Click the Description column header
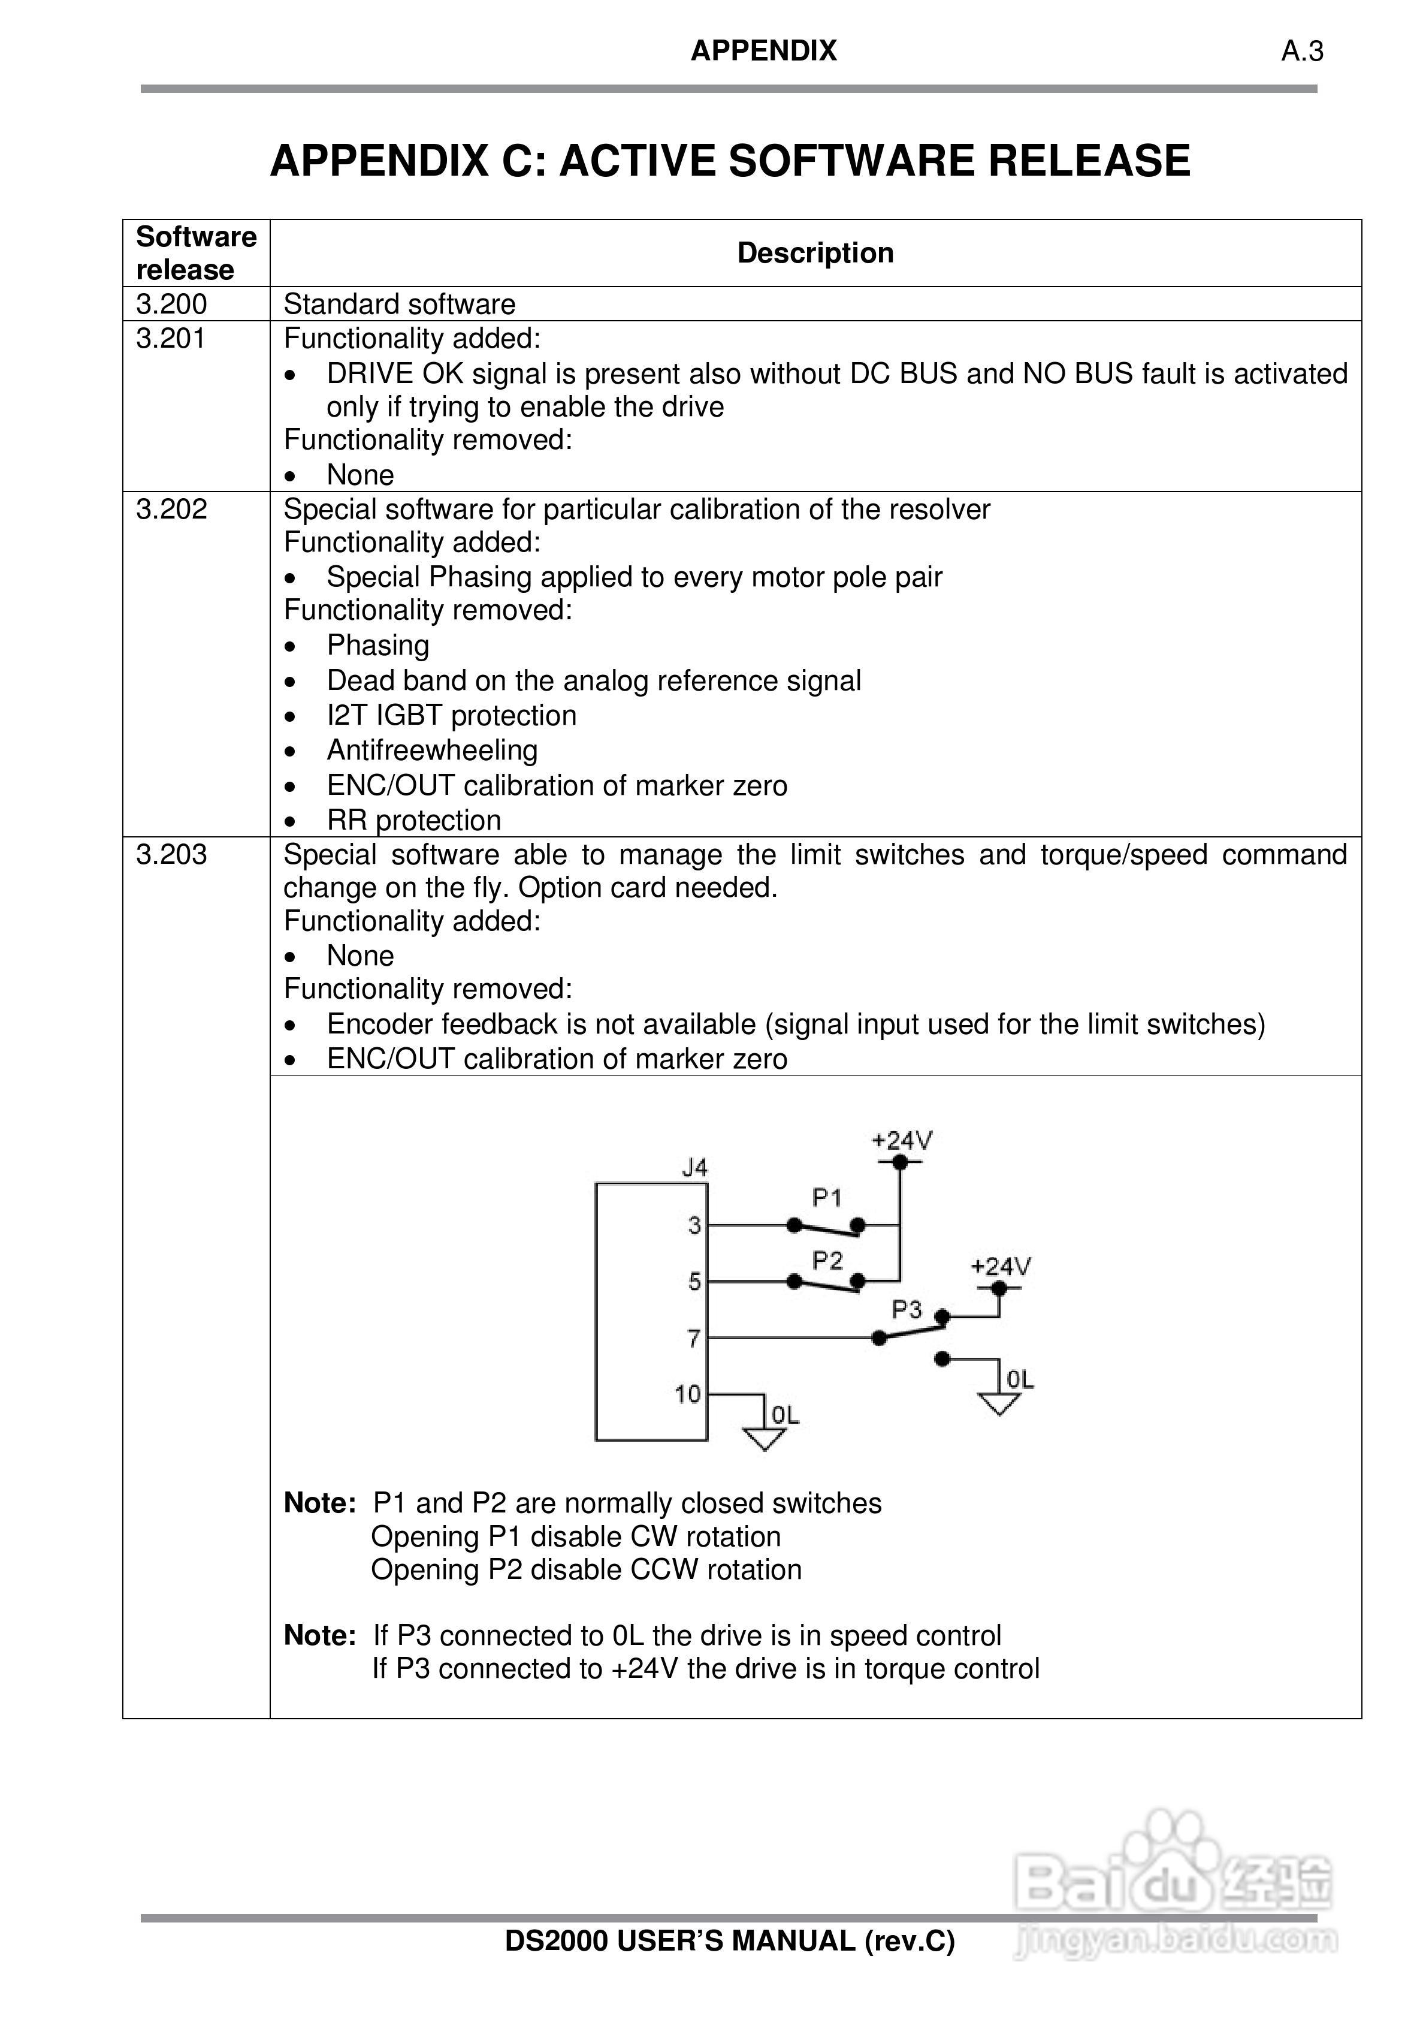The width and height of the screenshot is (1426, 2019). [x=815, y=253]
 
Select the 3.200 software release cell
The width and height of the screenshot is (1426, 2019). [x=171, y=305]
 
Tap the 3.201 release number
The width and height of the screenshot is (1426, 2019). [x=171, y=339]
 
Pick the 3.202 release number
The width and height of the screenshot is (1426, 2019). [x=171, y=509]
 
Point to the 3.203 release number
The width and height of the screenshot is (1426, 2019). [x=171, y=854]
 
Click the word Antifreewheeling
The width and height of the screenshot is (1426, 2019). [x=431, y=750]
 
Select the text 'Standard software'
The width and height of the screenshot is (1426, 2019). [x=399, y=305]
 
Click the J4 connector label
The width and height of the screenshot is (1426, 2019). [x=694, y=1168]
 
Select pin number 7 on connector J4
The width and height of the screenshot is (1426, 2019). [x=694, y=1339]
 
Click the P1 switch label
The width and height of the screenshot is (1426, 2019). [x=826, y=1198]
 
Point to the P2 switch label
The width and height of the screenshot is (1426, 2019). [x=826, y=1261]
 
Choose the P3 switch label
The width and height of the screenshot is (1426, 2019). [x=907, y=1310]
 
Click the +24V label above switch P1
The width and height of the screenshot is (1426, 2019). [x=901, y=1141]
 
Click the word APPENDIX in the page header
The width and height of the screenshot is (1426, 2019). [x=763, y=51]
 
